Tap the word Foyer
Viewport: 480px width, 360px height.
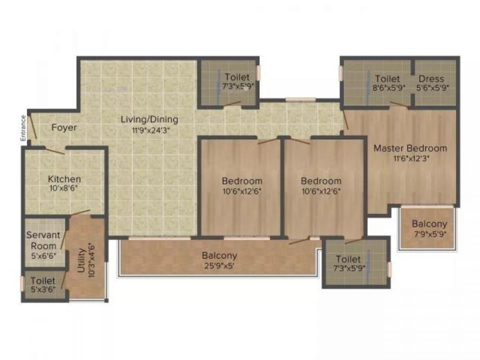coord(64,128)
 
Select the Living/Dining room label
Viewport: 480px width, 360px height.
coord(150,119)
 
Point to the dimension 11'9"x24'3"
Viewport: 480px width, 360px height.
coord(150,130)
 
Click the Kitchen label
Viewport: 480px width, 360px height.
coord(64,179)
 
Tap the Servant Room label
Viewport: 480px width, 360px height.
coord(43,240)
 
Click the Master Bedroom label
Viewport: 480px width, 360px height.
coord(410,148)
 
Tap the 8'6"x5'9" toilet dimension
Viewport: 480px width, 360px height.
coord(387,88)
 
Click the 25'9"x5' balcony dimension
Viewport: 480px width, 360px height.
coord(219,265)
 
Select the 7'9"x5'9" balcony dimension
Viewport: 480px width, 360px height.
coord(429,234)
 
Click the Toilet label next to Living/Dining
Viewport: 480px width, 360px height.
coord(237,77)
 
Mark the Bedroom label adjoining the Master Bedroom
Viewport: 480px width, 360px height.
coord(321,181)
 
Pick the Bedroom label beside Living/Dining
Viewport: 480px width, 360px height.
coord(242,181)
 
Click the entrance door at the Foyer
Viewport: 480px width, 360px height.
coord(32,128)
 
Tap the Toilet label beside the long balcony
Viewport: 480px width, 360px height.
coord(348,259)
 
